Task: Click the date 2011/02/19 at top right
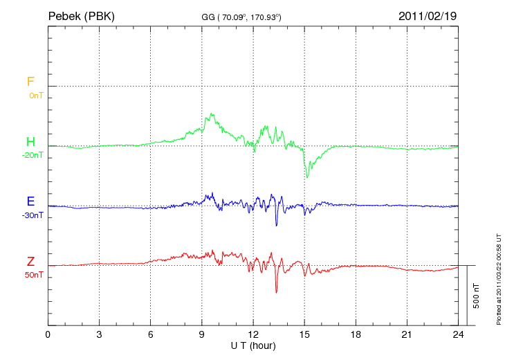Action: [x=427, y=15]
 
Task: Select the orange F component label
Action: [x=30, y=82]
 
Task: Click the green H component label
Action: [x=30, y=142]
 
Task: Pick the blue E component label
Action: [x=30, y=201]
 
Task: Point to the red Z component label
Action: [x=30, y=261]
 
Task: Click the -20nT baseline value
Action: [x=33, y=155]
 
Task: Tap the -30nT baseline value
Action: [x=33, y=215]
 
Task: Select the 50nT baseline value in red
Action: [x=33, y=275]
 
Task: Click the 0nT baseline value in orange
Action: [x=35, y=96]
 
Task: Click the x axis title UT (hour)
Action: [x=253, y=345]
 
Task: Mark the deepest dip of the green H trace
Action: [x=308, y=178]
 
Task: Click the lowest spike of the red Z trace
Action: [x=276, y=292]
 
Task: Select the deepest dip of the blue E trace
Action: [x=276, y=225]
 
